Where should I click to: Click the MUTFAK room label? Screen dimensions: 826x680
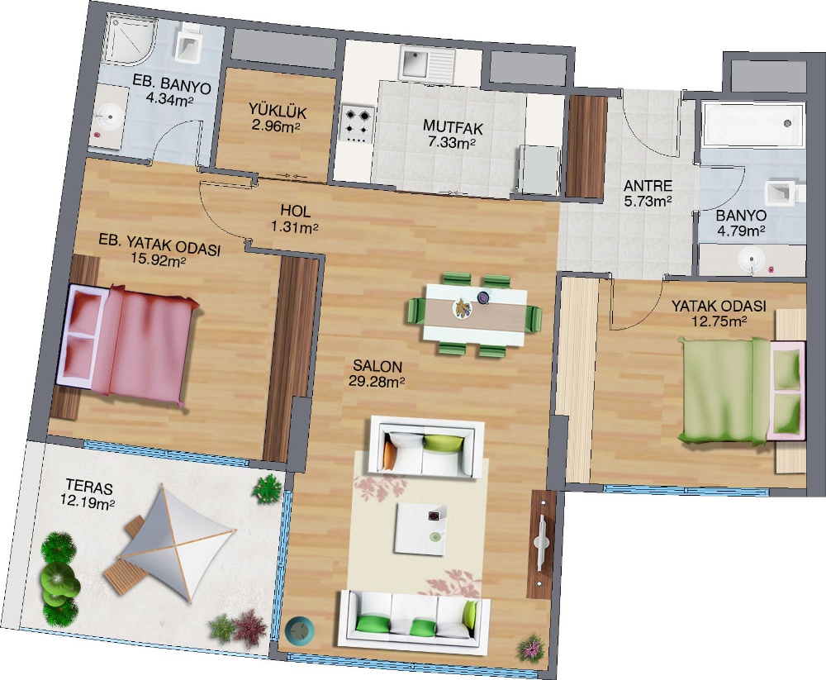[x=453, y=127]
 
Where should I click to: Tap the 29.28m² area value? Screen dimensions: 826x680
[x=376, y=381]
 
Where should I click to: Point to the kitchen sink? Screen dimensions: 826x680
[x=426, y=63]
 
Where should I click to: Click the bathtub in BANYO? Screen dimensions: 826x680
[x=753, y=124]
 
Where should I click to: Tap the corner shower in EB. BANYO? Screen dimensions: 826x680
[x=131, y=39]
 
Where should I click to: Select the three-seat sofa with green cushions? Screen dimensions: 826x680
[x=415, y=622]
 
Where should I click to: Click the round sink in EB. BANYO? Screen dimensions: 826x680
[x=111, y=117]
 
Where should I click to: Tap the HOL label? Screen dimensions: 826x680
[x=295, y=211]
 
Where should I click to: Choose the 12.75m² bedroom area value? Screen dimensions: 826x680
[x=719, y=321]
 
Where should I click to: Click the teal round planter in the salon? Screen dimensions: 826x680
[x=299, y=629]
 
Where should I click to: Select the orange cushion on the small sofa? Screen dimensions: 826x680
[x=391, y=454]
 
